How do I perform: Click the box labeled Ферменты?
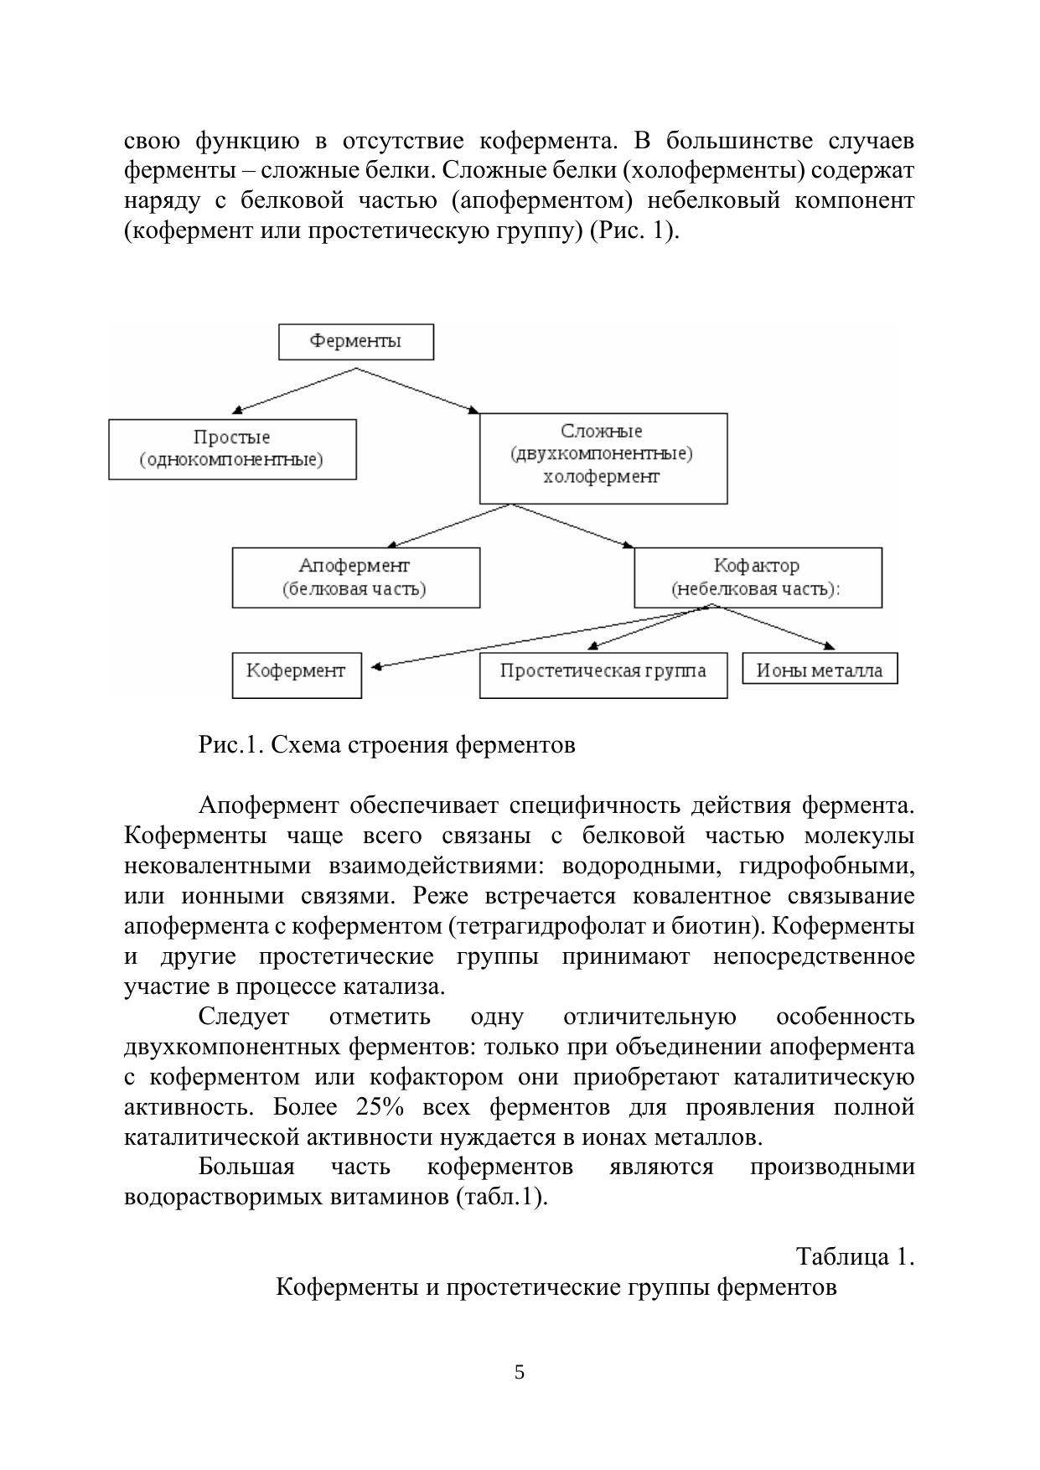point(355,342)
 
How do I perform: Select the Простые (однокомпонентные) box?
point(232,449)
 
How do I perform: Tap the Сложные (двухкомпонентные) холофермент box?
point(603,458)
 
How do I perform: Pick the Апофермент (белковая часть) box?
point(355,577)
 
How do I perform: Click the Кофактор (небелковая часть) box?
point(757,577)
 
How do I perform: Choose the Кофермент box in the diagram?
point(296,675)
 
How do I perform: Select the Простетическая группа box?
point(603,675)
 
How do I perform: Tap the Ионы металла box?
point(820,669)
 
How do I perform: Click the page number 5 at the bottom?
point(520,1372)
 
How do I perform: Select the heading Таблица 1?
point(854,1256)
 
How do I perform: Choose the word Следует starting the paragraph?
point(243,1017)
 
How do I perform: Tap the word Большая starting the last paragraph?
point(246,1167)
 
